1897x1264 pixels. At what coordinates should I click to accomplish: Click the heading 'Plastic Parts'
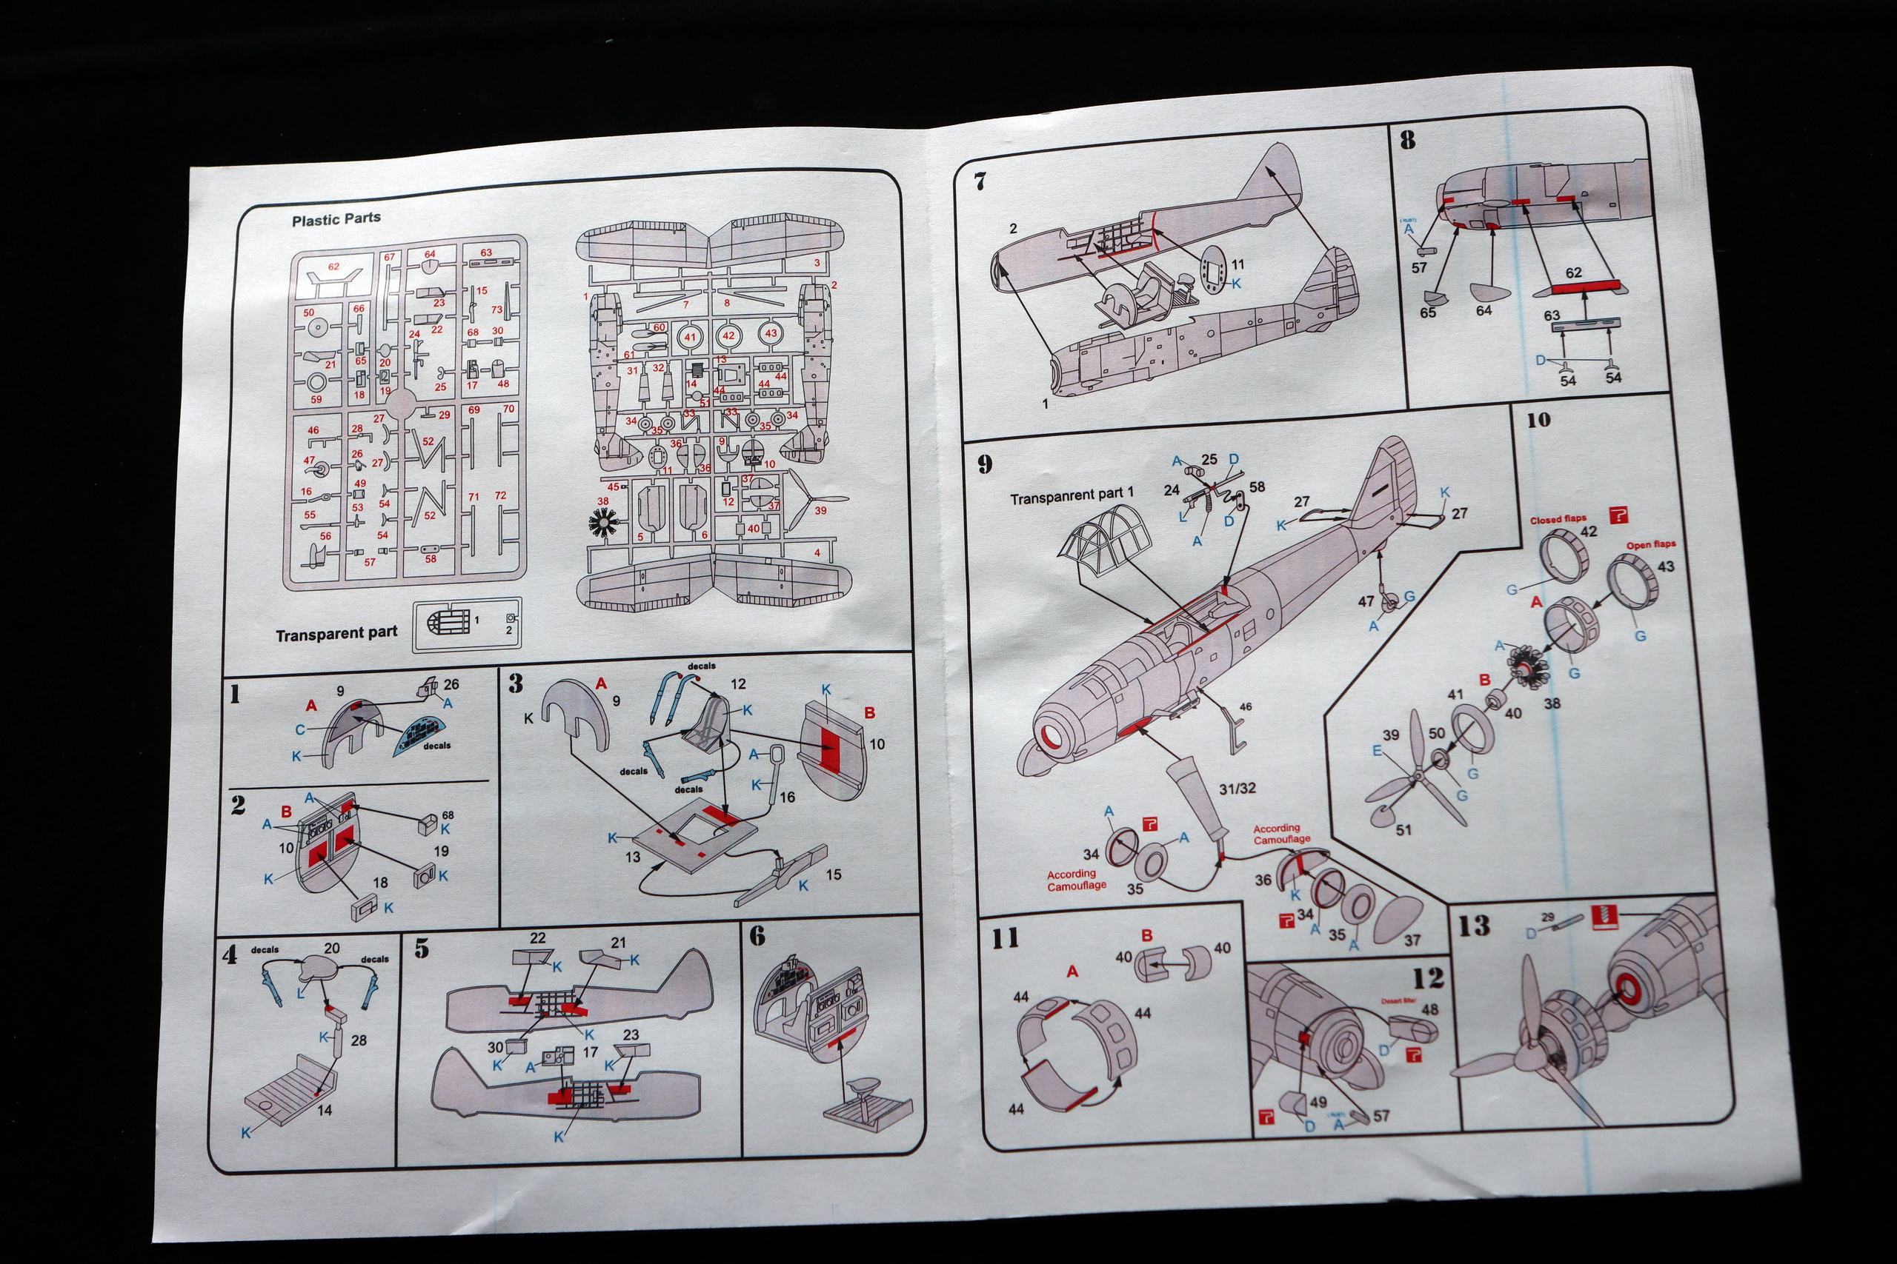pyautogui.click(x=336, y=218)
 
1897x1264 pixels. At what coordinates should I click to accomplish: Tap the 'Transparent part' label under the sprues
pyautogui.click(x=336, y=634)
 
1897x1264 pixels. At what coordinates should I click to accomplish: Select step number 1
pyautogui.click(x=235, y=694)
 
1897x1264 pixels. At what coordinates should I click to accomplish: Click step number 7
pyautogui.click(x=980, y=181)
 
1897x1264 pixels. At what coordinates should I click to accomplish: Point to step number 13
pyautogui.click(x=1474, y=926)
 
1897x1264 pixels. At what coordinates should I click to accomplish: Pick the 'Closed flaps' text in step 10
pyautogui.click(x=1558, y=520)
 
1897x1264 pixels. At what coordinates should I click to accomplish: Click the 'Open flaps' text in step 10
pyautogui.click(x=1650, y=545)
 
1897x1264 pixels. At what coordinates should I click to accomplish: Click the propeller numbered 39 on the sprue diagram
pyautogui.click(x=815, y=500)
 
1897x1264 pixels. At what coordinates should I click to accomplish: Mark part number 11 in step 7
pyautogui.click(x=1237, y=264)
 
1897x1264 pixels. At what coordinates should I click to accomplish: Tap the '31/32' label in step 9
pyautogui.click(x=1237, y=789)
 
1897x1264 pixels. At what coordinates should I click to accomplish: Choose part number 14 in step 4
pyautogui.click(x=325, y=1109)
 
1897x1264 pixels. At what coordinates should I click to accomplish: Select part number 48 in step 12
pyautogui.click(x=1430, y=1009)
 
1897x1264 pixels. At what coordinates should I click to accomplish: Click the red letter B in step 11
pyautogui.click(x=1146, y=936)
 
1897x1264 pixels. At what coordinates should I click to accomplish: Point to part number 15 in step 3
pyautogui.click(x=833, y=875)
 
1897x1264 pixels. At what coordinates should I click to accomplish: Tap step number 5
pyautogui.click(x=422, y=949)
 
